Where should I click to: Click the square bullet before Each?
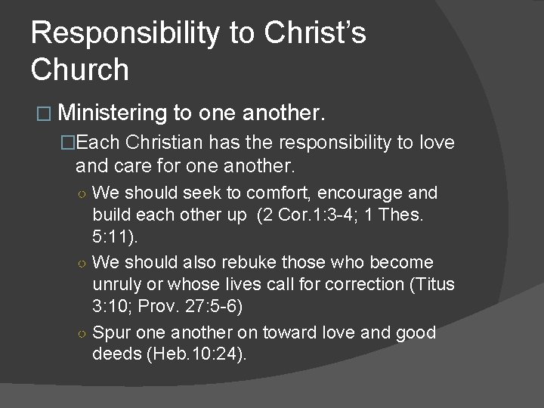coord(69,143)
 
